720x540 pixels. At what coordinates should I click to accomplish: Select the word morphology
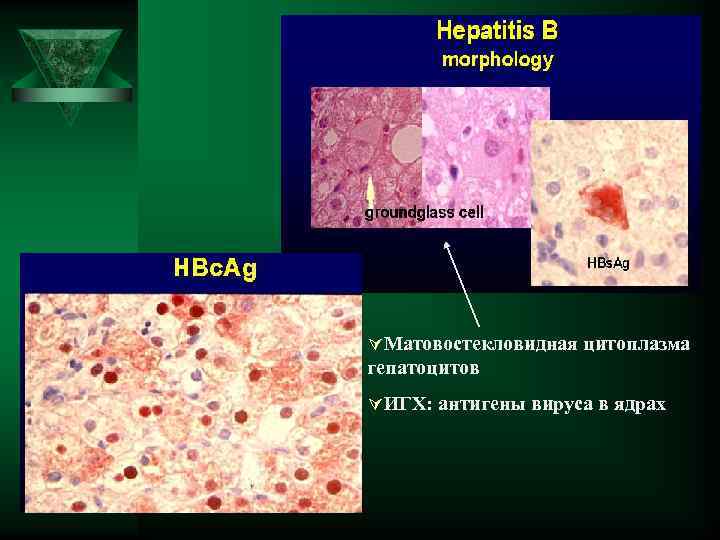497,60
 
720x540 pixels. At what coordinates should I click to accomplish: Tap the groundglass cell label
424,212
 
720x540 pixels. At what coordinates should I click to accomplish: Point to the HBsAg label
608,263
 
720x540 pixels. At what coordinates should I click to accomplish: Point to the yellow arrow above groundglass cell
371,193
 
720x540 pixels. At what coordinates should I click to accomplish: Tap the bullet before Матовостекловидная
375,344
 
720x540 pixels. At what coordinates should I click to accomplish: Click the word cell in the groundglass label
469,212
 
